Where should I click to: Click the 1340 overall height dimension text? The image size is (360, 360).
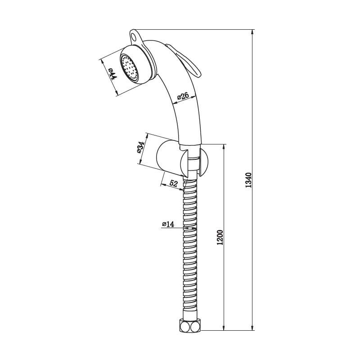pyautogui.click(x=248, y=180)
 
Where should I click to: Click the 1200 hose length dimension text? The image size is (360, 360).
pyautogui.click(x=220, y=237)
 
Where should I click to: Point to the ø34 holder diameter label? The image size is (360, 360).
pyautogui.click(x=141, y=147)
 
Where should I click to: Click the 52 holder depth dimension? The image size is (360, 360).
pyautogui.click(x=173, y=184)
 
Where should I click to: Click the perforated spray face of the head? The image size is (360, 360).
pyautogui.click(x=130, y=68)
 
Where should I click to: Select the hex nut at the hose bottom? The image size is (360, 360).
pyautogui.click(x=189, y=325)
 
